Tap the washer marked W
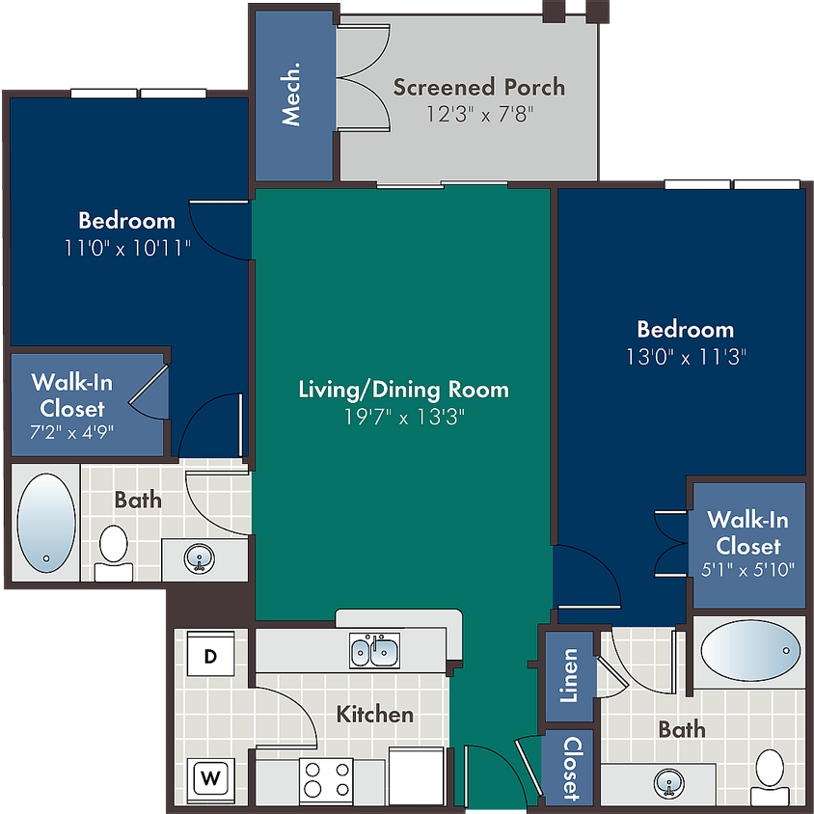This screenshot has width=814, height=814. pos(210,778)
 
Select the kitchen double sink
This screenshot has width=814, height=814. pos(374,650)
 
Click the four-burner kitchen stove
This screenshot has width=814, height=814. pos(326,779)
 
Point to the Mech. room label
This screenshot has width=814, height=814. pos(290,94)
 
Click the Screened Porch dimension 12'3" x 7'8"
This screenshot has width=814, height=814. pos(479,114)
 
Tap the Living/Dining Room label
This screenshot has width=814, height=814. pos(403,390)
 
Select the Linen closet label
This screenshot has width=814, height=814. pos(568,675)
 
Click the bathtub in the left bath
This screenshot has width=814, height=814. pos(46,523)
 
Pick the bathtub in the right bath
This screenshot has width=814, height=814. pos(750,650)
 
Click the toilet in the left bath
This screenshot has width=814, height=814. pos(114,553)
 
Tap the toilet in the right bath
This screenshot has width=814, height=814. pos(770,776)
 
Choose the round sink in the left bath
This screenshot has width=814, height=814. pos(199,558)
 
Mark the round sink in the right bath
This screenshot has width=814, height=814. pos(669,784)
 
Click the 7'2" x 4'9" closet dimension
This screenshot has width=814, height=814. pos(71,431)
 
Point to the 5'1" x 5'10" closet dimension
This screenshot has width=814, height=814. pos(747,569)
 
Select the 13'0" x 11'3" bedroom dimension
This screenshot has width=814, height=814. pos(686,357)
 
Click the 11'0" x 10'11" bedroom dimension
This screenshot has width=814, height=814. pos(127,248)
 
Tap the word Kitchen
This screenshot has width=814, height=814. pos(375,715)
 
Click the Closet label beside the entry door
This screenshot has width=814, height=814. pos(573,768)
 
